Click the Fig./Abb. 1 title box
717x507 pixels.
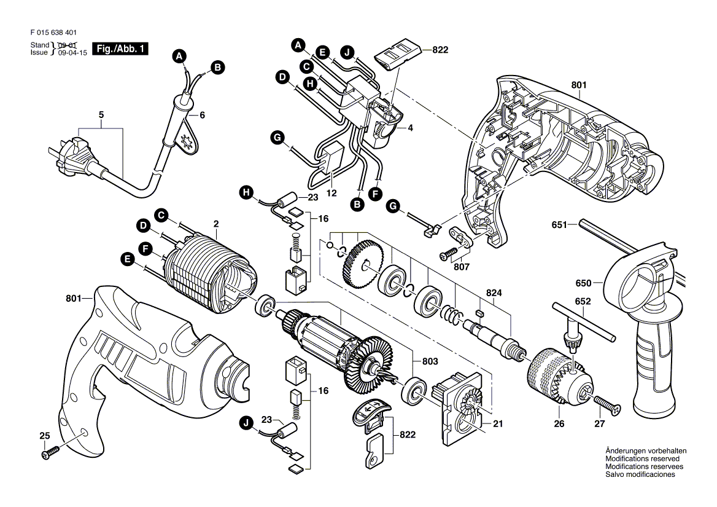[120, 49]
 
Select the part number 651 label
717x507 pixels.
[559, 225]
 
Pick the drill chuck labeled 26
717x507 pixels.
[554, 376]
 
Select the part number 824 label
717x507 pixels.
[495, 293]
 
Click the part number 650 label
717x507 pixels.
[583, 283]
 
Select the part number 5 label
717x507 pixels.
[101, 115]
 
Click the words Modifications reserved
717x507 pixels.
[641, 459]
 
